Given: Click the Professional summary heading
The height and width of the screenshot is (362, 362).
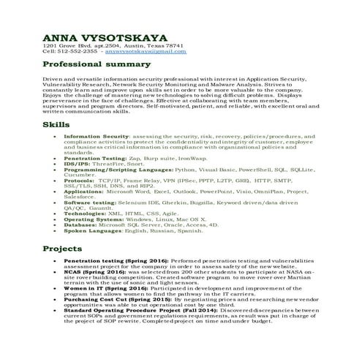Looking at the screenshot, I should pos(91,65).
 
